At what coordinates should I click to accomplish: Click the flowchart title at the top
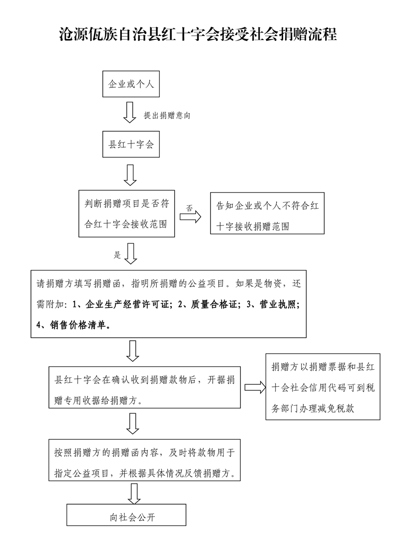pos(198,34)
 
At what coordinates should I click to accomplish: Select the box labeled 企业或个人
pos(131,84)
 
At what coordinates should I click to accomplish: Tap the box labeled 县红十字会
pos(131,144)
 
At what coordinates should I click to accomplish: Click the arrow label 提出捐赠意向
pos(167,115)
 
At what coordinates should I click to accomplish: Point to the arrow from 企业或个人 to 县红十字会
pos(129,112)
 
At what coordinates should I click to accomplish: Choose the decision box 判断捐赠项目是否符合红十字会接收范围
pos(126,214)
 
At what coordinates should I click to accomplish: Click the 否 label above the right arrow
pos(189,208)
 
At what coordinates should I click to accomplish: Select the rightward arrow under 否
pos(190,217)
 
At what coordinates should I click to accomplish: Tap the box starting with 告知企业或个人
pos(267,213)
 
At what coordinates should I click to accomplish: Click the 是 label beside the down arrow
pos(117,255)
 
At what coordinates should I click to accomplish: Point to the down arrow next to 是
pos(130,254)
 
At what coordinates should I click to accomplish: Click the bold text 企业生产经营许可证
pos(127,304)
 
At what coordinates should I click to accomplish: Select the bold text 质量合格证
pos(214,304)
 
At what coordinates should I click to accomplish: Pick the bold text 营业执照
pos(278,304)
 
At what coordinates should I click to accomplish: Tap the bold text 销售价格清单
pos(78,325)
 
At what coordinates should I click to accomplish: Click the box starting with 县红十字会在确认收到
pos(144,387)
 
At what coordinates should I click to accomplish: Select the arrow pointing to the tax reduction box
pos(255,387)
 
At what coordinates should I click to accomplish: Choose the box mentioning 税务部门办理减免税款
pos(323,387)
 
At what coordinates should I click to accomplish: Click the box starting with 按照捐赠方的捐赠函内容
pos(144,460)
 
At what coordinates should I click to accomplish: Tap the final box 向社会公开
pos(126,515)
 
